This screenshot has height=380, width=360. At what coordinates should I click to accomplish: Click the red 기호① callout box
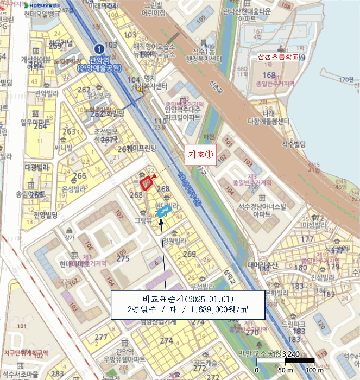coord(200,154)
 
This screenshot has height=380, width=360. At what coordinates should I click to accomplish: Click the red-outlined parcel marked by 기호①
coord(146,183)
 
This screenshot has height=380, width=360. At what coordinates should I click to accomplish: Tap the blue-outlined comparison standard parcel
coord(163,212)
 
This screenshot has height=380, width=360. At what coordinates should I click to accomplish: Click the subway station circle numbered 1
coord(98,48)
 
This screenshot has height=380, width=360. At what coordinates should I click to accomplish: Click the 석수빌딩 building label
coord(294,144)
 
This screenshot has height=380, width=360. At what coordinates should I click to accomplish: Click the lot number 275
coord(123,258)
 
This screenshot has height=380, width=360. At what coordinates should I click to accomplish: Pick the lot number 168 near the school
coord(269,75)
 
